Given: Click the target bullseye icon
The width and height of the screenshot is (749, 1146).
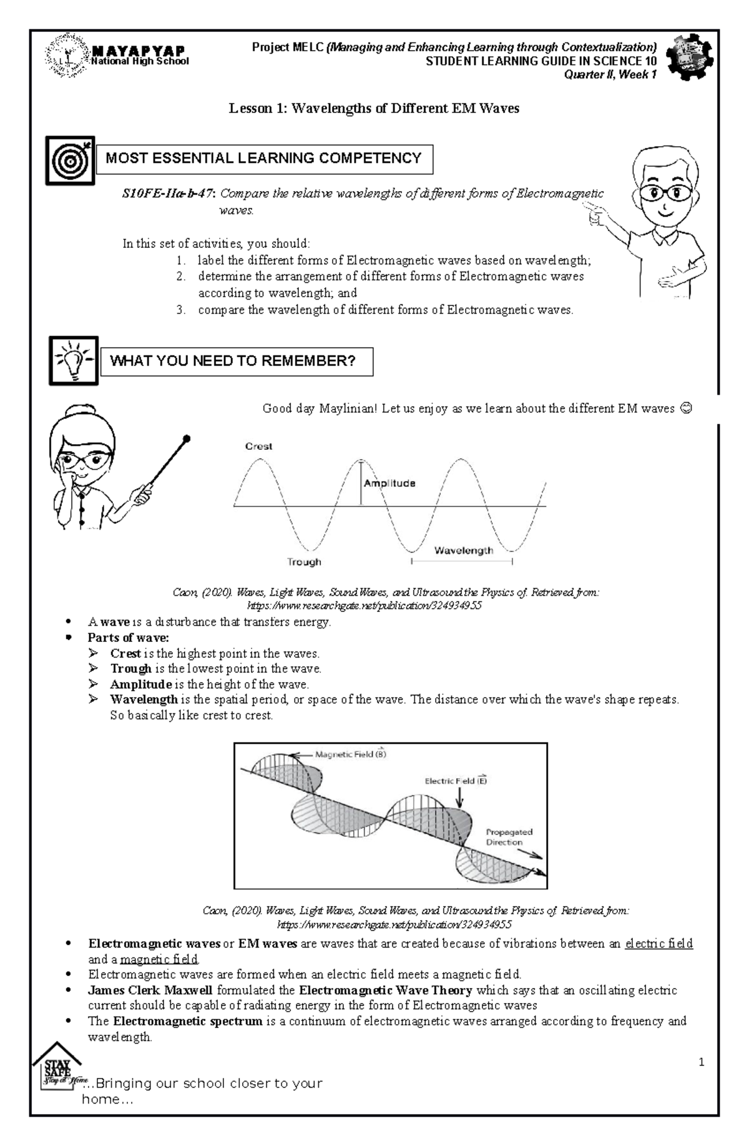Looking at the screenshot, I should tap(70, 161).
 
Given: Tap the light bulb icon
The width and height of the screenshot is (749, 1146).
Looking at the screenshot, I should tap(74, 360).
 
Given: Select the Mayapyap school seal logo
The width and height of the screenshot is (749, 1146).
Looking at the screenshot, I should tap(67, 56).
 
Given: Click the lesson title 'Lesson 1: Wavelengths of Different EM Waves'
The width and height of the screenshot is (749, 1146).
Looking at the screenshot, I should tap(374, 109).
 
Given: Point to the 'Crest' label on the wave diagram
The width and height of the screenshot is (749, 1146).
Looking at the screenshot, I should tap(258, 446).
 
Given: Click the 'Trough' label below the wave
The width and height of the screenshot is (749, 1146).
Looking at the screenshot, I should tap(304, 562).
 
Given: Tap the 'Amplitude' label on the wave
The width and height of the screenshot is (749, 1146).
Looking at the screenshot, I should tap(389, 483).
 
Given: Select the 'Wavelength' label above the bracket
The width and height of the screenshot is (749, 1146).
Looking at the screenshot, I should tap(463, 550).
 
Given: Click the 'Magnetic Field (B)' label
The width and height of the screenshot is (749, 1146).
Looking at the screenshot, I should tap(350, 754).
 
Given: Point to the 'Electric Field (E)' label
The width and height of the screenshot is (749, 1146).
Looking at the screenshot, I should tap(456, 781).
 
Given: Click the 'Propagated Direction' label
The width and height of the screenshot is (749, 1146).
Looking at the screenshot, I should tap(509, 837).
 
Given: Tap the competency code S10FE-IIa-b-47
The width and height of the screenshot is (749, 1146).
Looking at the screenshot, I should tap(167, 194).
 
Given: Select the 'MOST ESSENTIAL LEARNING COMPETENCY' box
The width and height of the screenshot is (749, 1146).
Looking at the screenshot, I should tap(264, 159).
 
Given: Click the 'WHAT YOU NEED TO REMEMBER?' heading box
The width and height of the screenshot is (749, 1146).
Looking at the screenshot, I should tap(237, 362).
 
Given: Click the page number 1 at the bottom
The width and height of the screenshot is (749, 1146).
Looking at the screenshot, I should tap(702, 1062).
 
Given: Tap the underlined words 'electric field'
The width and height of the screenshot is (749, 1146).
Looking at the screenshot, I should tap(658, 944).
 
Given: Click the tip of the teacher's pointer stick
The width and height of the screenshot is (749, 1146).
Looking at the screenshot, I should tap(187, 438).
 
